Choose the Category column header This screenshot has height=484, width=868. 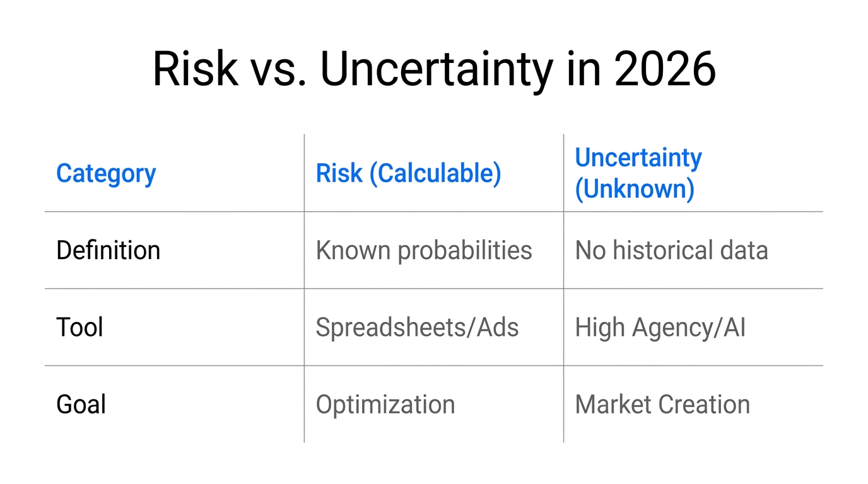coord(106,173)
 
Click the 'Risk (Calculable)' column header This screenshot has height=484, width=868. coord(408,173)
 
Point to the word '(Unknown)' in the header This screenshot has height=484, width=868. coord(634,188)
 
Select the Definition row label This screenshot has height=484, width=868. coord(108,250)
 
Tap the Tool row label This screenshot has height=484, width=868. coord(79,327)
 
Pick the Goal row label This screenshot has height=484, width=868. coord(81,404)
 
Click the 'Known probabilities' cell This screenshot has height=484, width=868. coord(424,250)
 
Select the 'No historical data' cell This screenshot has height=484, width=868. coord(671,250)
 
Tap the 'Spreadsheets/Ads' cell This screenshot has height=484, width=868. coord(417,327)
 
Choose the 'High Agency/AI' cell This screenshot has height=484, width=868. coord(660,327)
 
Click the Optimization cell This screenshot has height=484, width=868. coord(385,404)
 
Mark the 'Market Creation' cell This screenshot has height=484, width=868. coord(662,404)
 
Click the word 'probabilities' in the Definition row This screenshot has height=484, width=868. coord(465,250)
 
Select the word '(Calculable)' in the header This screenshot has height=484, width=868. coord(435,173)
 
